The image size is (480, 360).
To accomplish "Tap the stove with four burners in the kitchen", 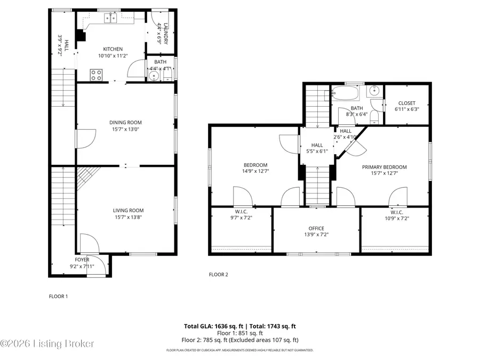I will [x=96, y=75].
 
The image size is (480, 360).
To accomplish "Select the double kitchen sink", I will [x=112, y=19].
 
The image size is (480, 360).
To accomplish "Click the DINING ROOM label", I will [x=126, y=122].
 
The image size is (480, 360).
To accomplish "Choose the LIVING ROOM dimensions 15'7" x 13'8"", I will [x=129, y=217].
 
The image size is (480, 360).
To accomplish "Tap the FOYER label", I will [x=82, y=260].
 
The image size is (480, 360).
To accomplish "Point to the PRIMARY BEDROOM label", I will [x=384, y=167].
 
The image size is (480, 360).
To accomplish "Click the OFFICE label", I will [x=316, y=228].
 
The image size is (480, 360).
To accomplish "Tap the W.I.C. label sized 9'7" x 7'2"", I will [x=240, y=211].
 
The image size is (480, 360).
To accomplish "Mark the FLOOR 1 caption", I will [x=58, y=296].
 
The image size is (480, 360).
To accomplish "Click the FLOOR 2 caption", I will [x=218, y=275].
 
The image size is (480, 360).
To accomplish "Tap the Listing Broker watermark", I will [x=48, y=344].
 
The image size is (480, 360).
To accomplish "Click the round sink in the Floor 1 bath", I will [x=154, y=76].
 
